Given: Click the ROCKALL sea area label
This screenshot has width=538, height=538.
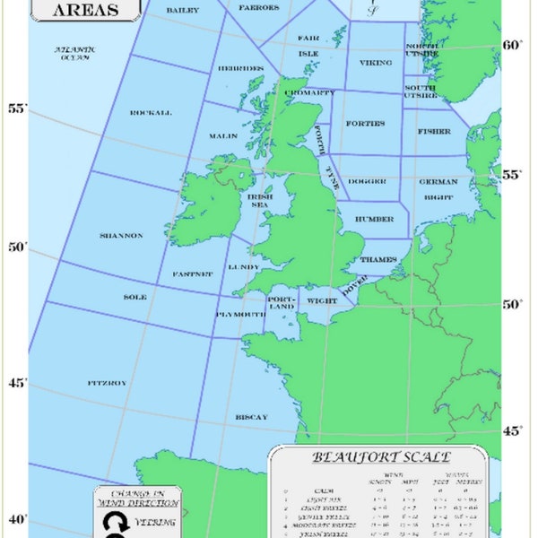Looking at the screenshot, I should coord(151,113).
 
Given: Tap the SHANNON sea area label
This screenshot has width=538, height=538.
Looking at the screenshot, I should coord(121,236).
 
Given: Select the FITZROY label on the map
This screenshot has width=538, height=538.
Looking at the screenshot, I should coord(107,383).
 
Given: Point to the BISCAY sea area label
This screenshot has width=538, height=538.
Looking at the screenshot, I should coord(251,418).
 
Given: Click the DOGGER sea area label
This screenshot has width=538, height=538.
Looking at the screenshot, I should coord(367,181).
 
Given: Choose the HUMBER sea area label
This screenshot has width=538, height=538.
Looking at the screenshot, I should coord(374,219).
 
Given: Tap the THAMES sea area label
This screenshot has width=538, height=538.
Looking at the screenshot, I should coord(378,259).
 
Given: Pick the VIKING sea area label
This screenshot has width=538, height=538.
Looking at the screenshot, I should coord(376,63).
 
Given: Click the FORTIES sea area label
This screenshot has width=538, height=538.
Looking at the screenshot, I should coord(365,124).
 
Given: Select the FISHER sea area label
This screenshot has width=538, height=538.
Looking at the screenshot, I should coord(434,131).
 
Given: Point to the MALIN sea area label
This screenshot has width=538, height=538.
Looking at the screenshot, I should coord(223,136).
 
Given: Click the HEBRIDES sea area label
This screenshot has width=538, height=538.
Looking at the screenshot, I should coord(240,68).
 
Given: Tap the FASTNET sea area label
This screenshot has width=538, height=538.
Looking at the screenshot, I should coord(192,273).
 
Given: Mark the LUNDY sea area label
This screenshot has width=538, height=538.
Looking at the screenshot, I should coord(244,267).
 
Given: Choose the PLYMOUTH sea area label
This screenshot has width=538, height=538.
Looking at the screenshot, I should coord(240,315).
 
